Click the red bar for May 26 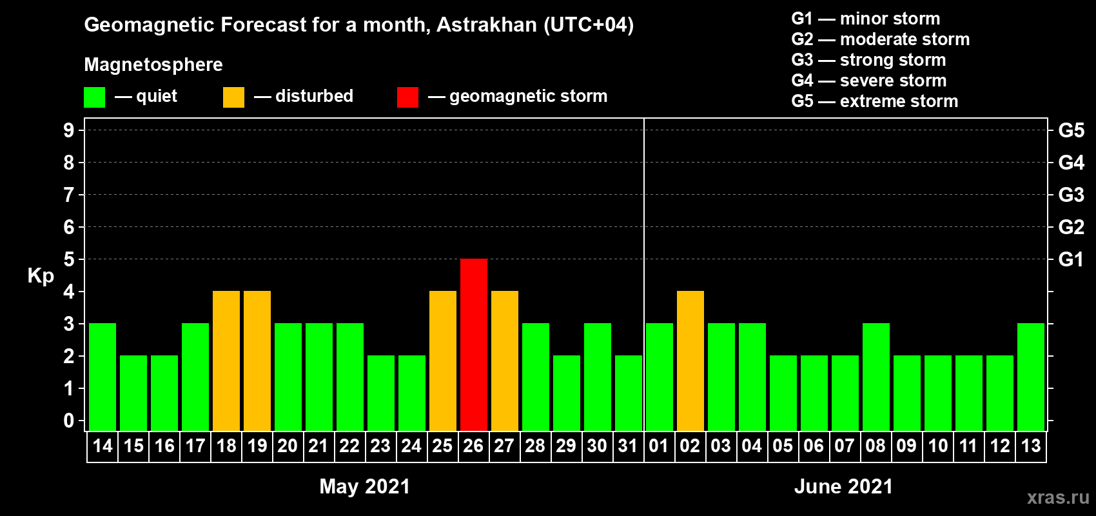click(x=474, y=344)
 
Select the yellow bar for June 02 click(x=690, y=361)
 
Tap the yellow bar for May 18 click(x=226, y=361)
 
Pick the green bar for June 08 click(x=876, y=377)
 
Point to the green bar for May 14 click(x=103, y=377)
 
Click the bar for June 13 click(x=1030, y=377)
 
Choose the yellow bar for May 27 click(x=504, y=361)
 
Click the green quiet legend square click(x=94, y=97)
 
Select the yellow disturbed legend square click(x=233, y=97)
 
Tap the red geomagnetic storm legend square click(x=407, y=97)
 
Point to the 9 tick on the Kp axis click(x=68, y=130)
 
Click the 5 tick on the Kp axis click(x=68, y=259)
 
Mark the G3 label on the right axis click(x=1071, y=195)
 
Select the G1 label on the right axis click(x=1071, y=259)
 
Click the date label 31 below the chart click(x=628, y=446)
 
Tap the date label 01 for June click(x=659, y=446)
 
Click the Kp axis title click(x=41, y=276)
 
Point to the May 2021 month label click(x=364, y=486)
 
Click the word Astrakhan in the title click(x=486, y=25)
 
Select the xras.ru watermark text click(x=1058, y=498)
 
